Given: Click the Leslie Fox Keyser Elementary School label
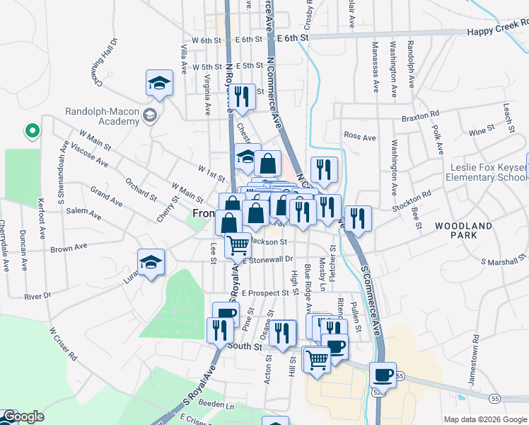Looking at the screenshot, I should click(488, 172).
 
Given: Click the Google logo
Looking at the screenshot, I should click(23, 416).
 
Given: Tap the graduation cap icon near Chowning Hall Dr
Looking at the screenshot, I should click(160, 84).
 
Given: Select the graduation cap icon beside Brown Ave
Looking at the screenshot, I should click(151, 263).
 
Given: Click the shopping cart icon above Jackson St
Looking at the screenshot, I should click(239, 245).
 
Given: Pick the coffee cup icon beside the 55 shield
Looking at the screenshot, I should click(383, 374).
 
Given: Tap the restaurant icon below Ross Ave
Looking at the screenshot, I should click(324, 169).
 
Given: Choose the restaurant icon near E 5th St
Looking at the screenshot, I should click(243, 97).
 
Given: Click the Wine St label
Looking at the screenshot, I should click(481, 131).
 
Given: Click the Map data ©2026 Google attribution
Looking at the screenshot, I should click(485, 419).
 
